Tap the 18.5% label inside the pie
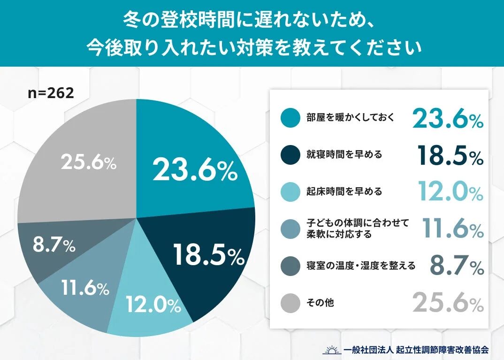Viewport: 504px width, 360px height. [208, 255]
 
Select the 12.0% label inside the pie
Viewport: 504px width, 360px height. [153, 306]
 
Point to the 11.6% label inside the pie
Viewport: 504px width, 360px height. [85, 288]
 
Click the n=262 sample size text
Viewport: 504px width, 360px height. [51, 93]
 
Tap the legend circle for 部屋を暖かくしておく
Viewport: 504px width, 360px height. [290, 118]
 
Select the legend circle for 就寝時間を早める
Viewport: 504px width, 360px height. [290, 154]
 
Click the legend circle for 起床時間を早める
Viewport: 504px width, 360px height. [290, 191]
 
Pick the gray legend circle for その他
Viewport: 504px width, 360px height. [290, 303]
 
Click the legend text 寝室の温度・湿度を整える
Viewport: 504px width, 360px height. [361, 266]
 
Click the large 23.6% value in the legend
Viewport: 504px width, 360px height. [448, 118]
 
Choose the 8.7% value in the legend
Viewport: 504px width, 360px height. [457, 267]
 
